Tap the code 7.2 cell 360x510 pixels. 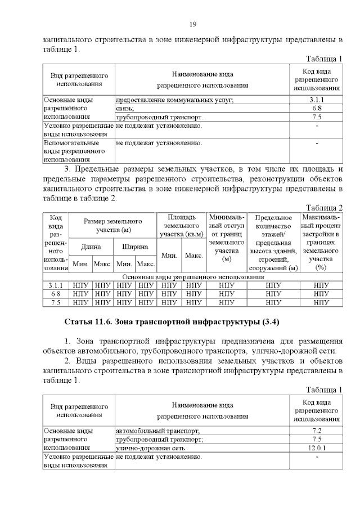316,430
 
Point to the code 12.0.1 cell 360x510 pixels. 316,448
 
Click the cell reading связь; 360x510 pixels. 124,108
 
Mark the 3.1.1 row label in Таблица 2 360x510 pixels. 56,285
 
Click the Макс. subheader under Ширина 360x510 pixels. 146,263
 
